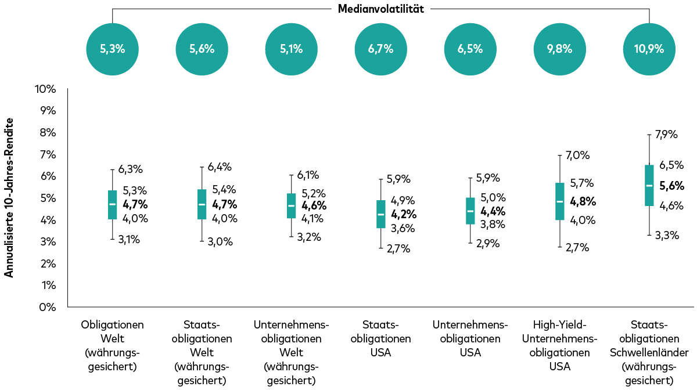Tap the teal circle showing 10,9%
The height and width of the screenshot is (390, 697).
pyautogui.click(x=649, y=49)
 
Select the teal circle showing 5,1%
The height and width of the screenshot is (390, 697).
pyautogui.click(x=291, y=49)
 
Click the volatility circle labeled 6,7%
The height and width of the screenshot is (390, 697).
pyautogui.click(x=380, y=49)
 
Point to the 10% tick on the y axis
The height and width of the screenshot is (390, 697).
pyautogui.click(x=45, y=89)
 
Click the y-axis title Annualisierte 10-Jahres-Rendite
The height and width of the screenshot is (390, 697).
pyautogui.click(x=9, y=197)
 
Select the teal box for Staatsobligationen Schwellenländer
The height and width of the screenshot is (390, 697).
pyautogui.click(x=649, y=185)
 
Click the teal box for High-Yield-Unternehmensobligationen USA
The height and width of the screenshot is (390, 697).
pyautogui.click(x=559, y=201)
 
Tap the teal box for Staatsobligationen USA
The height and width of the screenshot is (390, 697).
pyautogui.click(x=380, y=214)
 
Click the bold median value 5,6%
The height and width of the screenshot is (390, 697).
pyautogui.click(x=672, y=186)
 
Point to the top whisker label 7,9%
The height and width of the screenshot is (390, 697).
pyautogui.click(x=666, y=135)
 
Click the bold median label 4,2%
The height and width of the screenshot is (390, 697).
pyautogui.click(x=404, y=214)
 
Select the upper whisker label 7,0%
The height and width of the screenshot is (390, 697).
pyautogui.click(x=578, y=156)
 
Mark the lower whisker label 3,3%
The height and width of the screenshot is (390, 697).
pyautogui.click(x=666, y=235)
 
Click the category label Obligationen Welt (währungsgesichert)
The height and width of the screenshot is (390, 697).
pyautogui.click(x=112, y=345)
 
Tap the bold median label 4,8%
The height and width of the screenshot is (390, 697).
pyautogui.click(x=583, y=201)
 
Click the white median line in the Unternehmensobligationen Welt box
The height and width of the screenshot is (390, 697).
pyautogui.click(x=291, y=205)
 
